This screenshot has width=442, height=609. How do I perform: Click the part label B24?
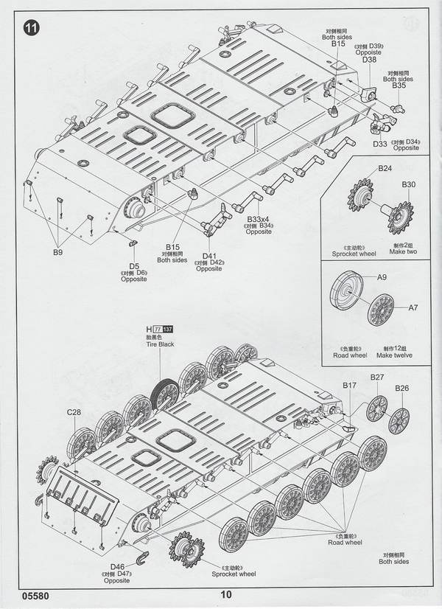click(385, 168)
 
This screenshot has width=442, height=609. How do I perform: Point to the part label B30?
click(409, 184)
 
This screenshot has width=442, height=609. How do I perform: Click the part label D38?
click(369, 60)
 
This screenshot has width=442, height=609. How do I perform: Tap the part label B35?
click(399, 86)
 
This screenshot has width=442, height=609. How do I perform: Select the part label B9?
click(57, 252)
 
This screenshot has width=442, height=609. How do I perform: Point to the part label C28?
click(74, 412)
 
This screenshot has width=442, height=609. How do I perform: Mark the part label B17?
click(349, 385)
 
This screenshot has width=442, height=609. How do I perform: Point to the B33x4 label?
click(258, 219)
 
